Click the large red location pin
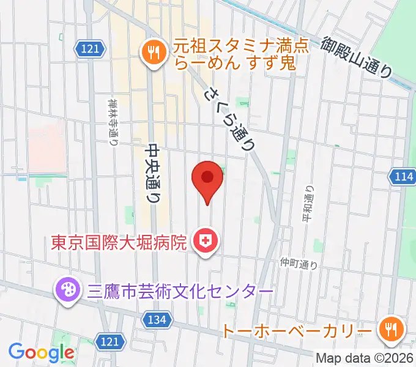coord(207,178)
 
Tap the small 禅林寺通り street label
coord(113,122)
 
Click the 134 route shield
coord(157,318)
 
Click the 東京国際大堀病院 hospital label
coord(118,243)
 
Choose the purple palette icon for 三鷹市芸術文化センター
coord(65,289)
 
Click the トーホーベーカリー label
coord(297,331)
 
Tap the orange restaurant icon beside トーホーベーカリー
coord(389,330)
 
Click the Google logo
coord(41,353)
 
